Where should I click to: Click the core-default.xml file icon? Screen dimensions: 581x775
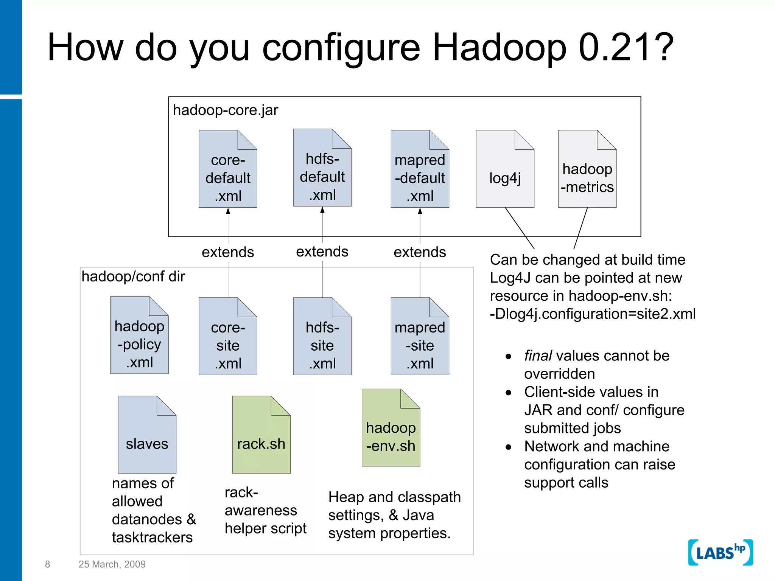click(228, 169)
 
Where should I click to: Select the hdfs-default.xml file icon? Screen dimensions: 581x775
click(322, 168)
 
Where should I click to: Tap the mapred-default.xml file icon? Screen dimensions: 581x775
click(420, 169)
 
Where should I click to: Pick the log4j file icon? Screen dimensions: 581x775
click(505, 169)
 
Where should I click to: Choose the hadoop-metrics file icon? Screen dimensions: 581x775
click(587, 169)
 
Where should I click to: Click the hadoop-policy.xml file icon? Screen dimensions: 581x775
click(139, 336)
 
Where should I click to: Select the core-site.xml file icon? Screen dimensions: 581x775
click(228, 337)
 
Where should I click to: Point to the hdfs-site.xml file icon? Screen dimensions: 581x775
click(322, 337)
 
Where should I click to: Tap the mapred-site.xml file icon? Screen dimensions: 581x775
click(420, 337)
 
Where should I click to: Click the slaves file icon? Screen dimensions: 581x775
click(147, 435)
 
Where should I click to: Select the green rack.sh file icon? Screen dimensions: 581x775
click(261, 435)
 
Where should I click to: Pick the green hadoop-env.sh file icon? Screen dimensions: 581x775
click(391, 428)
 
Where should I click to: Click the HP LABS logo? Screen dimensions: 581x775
click(720, 553)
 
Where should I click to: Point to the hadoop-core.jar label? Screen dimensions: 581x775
click(225, 110)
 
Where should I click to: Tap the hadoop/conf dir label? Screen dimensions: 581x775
click(133, 277)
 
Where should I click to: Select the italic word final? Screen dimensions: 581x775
click(538, 356)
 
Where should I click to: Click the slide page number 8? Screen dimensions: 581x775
click(47, 564)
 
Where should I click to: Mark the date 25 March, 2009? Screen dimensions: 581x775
click(112, 564)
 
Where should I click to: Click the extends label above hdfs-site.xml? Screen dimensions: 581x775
click(322, 252)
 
